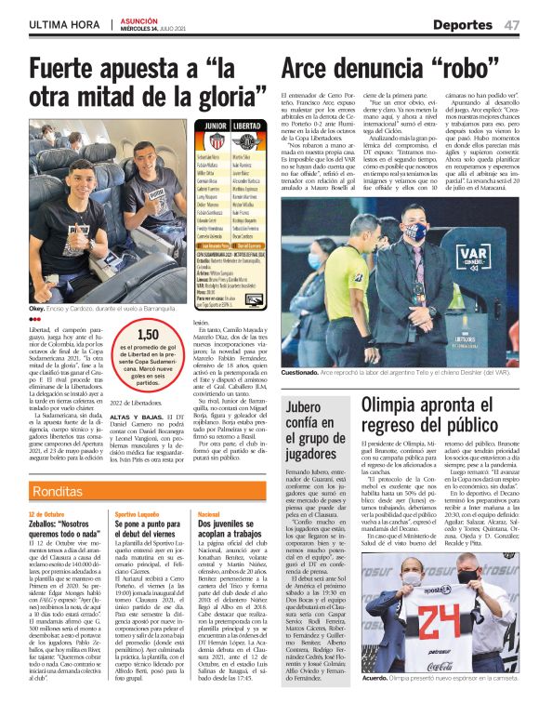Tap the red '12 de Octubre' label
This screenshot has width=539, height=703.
click(x=46, y=513)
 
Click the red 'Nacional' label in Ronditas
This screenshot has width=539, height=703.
click(x=209, y=513)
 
